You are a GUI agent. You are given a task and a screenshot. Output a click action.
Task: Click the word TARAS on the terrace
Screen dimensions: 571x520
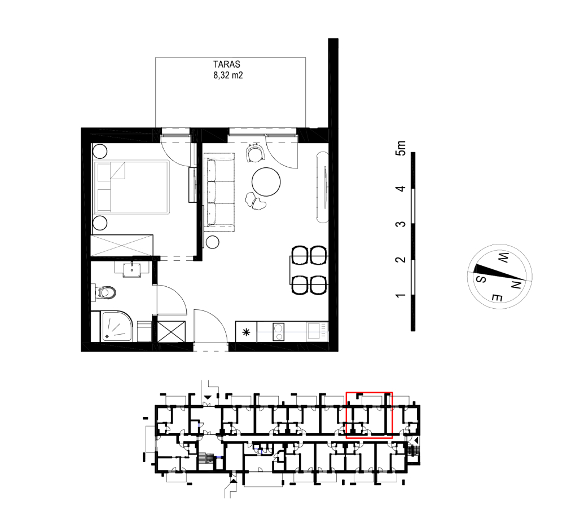pyautogui.click(x=226, y=64)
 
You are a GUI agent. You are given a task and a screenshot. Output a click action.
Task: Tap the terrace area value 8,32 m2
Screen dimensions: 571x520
pyautogui.click(x=228, y=75)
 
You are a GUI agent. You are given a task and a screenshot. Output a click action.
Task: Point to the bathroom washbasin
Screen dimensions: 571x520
pyautogui.click(x=131, y=269)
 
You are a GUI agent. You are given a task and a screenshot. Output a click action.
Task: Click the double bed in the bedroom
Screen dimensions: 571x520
pyautogui.click(x=131, y=187)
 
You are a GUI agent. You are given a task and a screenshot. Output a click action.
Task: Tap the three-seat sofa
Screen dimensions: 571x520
pyautogui.click(x=219, y=192)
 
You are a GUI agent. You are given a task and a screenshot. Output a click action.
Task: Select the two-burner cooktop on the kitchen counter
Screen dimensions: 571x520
pyautogui.click(x=279, y=332)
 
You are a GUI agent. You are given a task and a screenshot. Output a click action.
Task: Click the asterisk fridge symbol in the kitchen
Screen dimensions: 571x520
pyautogui.click(x=246, y=332)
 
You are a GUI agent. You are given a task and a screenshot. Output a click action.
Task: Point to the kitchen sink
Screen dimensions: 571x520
pyautogui.click(x=314, y=331)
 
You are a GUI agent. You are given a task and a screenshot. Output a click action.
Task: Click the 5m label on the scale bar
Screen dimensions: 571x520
pyautogui.click(x=401, y=148)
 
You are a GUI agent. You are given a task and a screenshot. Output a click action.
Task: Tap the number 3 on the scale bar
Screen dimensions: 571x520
pyautogui.click(x=401, y=224)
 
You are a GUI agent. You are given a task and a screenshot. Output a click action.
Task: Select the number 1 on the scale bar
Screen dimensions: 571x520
pyautogui.click(x=401, y=295)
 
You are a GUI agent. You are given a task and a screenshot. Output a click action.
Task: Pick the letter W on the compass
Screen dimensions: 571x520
pyautogui.click(x=503, y=258)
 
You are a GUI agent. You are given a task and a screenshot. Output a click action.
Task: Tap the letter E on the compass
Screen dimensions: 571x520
pyautogui.click(x=497, y=297)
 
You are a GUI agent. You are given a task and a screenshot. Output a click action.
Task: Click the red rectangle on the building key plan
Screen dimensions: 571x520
pyautogui.click(x=369, y=392)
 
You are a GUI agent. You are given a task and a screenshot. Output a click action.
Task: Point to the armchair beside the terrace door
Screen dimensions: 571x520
pyautogui.click(x=255, y=153)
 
